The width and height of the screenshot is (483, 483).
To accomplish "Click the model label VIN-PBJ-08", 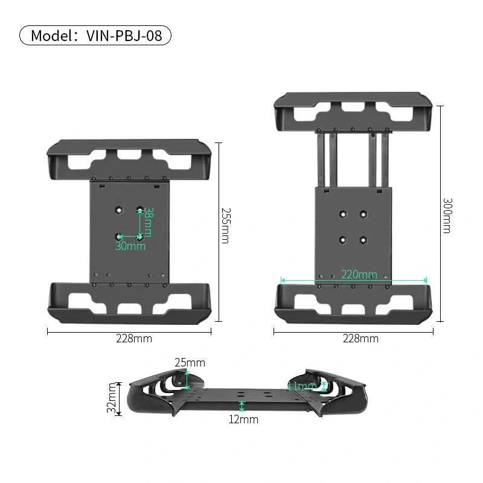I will (95, 36).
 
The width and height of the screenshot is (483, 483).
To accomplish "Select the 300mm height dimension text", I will (447, 215).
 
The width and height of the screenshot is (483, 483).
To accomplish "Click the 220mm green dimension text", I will (359, 275).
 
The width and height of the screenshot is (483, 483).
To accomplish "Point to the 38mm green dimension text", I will (148, 222).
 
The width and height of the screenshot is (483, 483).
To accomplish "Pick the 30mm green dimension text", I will (130, 246).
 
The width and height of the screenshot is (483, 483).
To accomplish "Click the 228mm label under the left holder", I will (134, 339).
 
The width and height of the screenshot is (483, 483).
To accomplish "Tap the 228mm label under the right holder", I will (360, 339).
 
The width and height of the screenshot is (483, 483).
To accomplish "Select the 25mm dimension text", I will (190, 363).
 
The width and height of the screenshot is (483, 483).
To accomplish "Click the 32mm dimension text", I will (111, 399).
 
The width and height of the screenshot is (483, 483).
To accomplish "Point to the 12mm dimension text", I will (243, 419).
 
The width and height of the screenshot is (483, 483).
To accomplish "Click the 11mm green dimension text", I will (301, 386).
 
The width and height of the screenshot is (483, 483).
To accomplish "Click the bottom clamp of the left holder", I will (130, 302).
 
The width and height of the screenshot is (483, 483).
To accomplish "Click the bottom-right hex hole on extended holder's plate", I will (363, 240).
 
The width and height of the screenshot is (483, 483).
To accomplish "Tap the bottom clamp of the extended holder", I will (353, 302).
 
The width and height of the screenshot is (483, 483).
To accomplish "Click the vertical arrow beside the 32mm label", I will (119, 399).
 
